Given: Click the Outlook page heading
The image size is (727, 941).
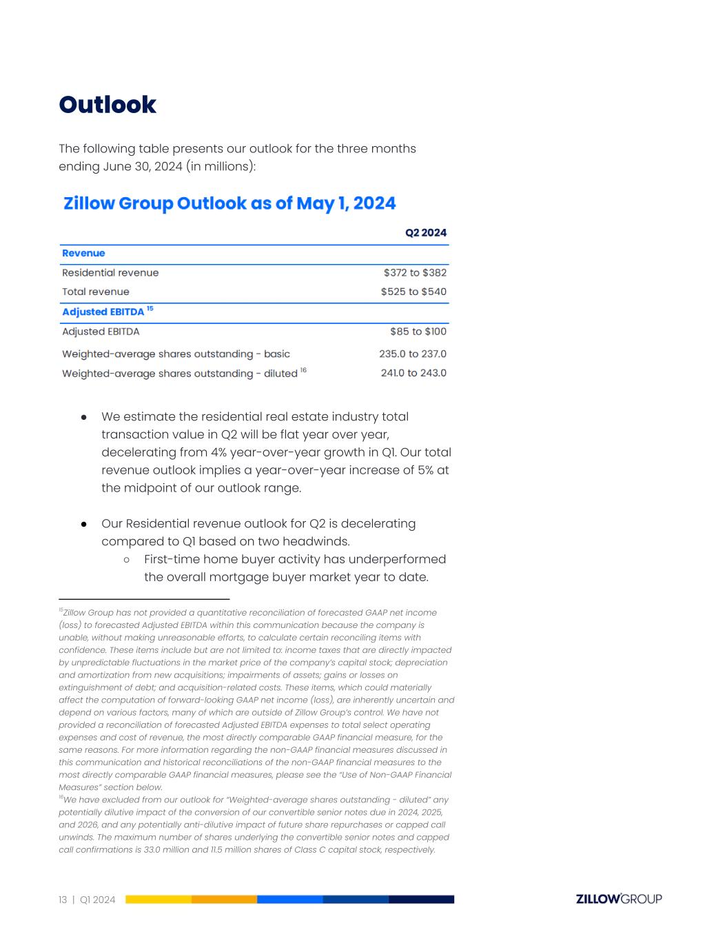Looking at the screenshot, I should click(x=107, y=105).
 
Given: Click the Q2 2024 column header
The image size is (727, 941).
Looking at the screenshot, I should click(x=425, y=233).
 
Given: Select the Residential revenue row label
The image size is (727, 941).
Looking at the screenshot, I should click(x=110, y=273).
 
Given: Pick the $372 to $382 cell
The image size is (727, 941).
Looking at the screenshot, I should click(x=415, y=273).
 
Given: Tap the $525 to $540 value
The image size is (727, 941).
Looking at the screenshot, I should click(x=413, y=292).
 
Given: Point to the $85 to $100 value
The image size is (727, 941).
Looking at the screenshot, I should click(x=418, y=332).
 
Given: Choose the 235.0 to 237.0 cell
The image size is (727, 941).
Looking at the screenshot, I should click(x=412, y=354).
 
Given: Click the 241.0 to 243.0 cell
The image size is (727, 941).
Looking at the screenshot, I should click(x=413, y=373).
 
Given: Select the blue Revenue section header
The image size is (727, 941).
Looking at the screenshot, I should click(x=83, y=253).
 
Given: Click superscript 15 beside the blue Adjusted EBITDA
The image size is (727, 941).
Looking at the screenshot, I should click(x=150, y=309).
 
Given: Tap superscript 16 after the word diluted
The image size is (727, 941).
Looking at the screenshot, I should click(x=303, y=370).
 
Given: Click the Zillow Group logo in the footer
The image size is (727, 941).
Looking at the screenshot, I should click(x=618, y=899).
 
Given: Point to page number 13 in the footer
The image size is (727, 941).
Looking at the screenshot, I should click(x=63, y=900).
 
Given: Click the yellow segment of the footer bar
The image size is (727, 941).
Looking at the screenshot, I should click(x=158, y=900).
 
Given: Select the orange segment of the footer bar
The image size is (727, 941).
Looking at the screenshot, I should click(x=224, y=900).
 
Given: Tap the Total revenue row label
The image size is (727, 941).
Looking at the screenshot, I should click(x=96, y=292).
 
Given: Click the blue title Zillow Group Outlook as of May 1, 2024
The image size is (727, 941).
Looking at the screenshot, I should click(x=229, y=203).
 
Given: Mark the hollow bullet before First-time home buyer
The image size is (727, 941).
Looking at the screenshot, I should click(x=127, y=559).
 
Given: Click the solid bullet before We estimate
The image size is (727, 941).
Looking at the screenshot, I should click(x=84, y=417).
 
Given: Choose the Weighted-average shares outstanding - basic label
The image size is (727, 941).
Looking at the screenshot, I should click(x=176, y=354).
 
